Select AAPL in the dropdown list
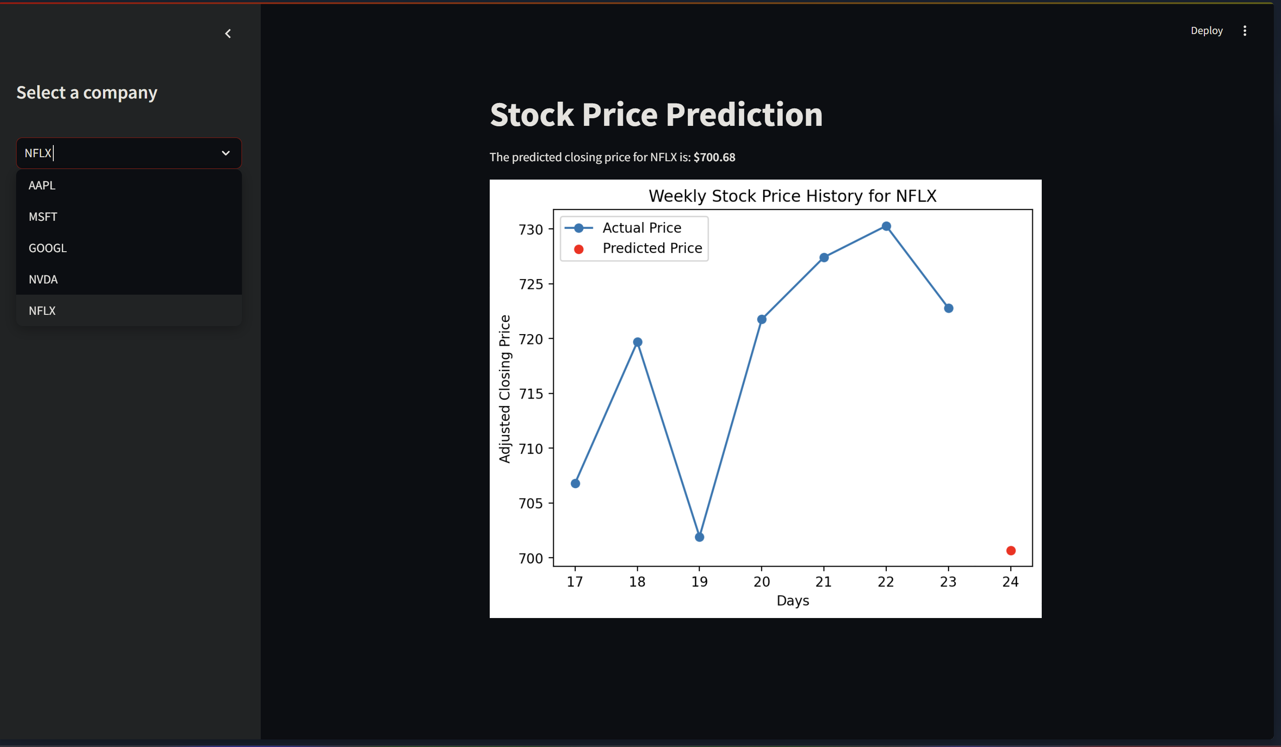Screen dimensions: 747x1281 pos(42,185)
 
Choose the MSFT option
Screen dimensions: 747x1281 pos(43,217)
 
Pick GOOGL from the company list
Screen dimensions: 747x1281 pos(48,248)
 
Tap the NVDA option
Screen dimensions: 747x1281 pos(43,279)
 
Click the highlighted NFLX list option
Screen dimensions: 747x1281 pos(42,311)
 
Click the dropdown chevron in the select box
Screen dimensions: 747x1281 pos(226,153)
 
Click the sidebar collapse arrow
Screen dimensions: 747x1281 pos(228,34)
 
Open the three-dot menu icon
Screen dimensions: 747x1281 pos(1244,31)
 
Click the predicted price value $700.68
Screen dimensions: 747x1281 pos(714,158)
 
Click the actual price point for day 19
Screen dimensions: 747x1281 pos(699,537)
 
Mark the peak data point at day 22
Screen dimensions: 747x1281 pos(886,227)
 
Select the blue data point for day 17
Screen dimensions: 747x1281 pos(575,484)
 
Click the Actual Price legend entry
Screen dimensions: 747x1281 pos(642,228)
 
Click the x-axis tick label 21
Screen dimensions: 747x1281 pos(824,582)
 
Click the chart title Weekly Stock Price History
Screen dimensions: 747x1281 pos(792,196)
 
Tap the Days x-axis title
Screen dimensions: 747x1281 pos(793,601)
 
